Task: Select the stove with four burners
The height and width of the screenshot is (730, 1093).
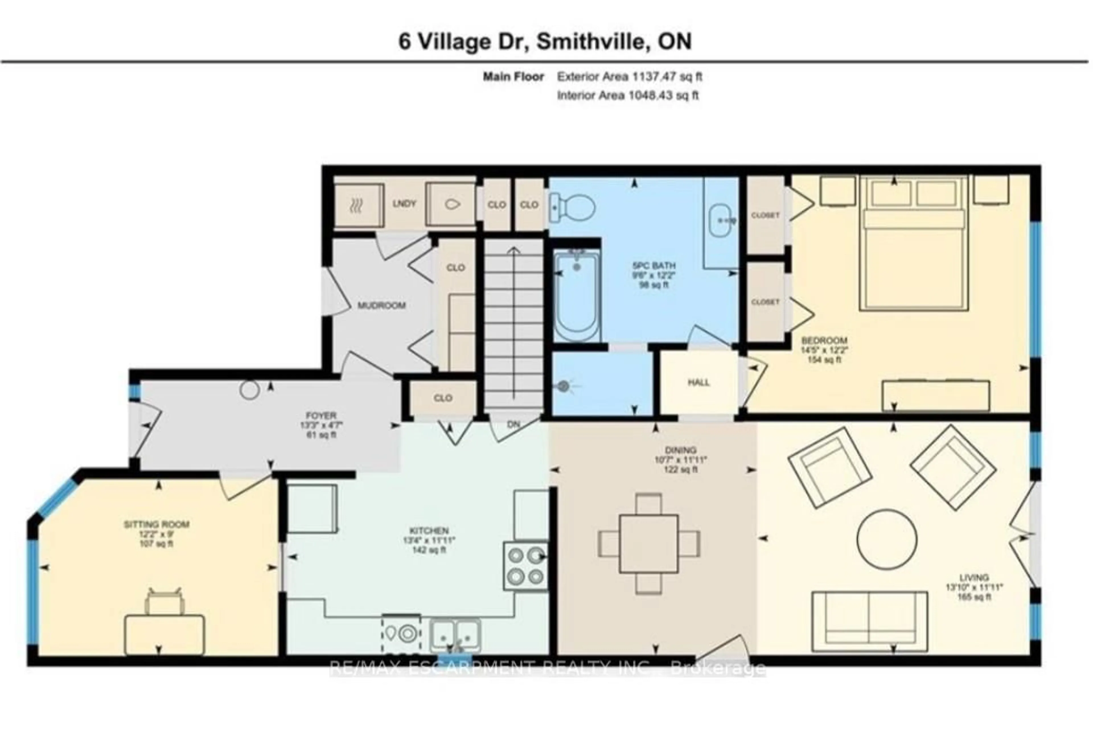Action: click(x=525, y=566)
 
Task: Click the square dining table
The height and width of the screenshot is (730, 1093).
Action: click(x=648, y=544)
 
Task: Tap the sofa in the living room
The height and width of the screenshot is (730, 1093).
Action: click(x=869, y=622)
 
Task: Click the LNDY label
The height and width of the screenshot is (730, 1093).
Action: click(x=404, y=204)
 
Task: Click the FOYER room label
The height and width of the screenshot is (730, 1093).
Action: click(x=321, y=415)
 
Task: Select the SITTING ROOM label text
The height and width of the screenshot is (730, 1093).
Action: click(x=157, y=524)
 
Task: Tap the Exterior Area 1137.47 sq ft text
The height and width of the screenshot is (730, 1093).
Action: click(x=629, y=77)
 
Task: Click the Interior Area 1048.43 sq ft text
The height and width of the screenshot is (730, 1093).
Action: click(x=628, y=95)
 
